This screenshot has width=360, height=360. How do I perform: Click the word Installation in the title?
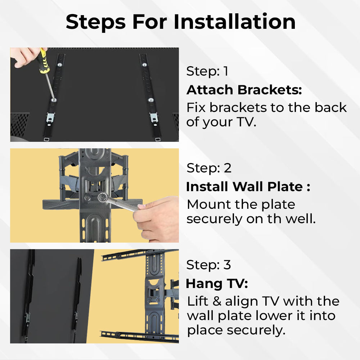(x=234, y=22)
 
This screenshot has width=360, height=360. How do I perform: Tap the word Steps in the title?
(x=95, y=22)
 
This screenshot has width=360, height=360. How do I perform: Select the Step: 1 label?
(x=207, y=71)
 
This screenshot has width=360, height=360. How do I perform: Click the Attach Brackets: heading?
(x=244, y=90)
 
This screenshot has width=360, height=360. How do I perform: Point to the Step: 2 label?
(x=209, y=168)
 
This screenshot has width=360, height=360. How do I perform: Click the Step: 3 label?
(x=209, y=265)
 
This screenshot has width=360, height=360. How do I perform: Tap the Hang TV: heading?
(x=217, y=284)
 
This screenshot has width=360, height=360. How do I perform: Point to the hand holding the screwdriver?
(x=26, y=57)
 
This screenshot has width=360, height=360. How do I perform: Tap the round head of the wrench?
(x=102, y=197)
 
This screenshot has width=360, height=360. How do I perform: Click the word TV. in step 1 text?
(x=246, y=122)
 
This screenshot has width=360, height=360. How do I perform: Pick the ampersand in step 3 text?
(x=217, y=301)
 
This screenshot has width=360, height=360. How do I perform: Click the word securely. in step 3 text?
(x=256, y=330)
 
